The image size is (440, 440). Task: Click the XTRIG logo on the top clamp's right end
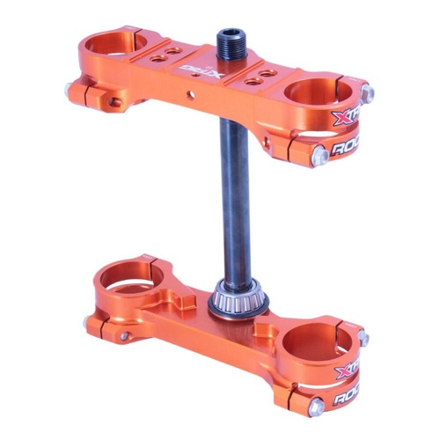[345, 118]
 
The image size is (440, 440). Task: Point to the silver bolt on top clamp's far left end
[68, 87]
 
